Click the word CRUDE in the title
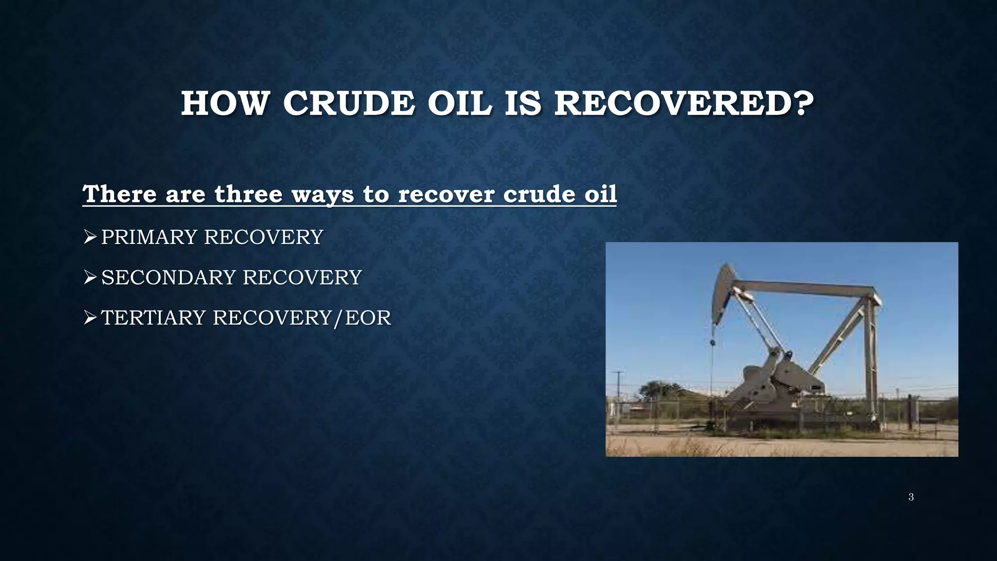tap(349, 104)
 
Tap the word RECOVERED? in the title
tap(683, 104)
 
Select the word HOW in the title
tap(224, 104)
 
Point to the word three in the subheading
tap(248, 194)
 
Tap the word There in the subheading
tap(120, 194)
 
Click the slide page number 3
tap(911, 497)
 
